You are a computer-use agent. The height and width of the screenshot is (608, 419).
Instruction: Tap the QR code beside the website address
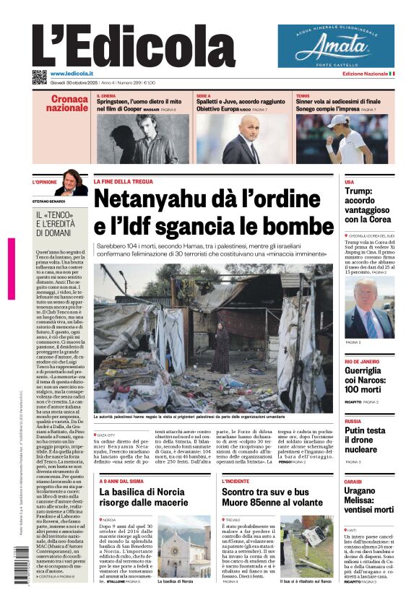[x=39, y=77]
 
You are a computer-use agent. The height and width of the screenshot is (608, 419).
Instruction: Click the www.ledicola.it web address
[x=76, y=74]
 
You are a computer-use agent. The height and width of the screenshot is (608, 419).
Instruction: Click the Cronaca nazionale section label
[x=69, y=103]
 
